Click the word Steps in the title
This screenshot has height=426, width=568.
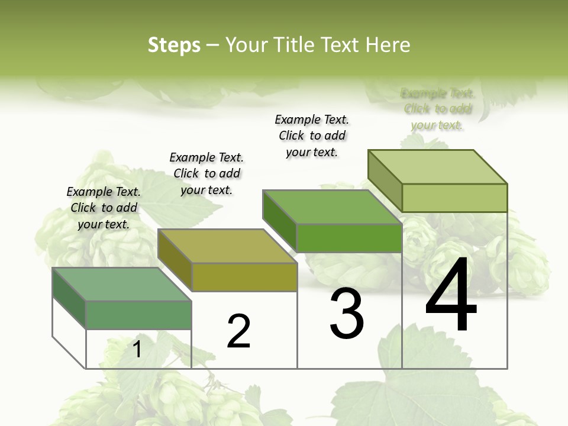174,45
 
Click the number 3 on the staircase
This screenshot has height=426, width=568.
347,314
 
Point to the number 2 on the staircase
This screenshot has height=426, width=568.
239,331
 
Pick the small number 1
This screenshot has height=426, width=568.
137,349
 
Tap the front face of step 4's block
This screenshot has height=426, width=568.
454,198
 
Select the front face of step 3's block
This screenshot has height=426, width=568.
349,238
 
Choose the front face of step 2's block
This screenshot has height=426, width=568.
244,277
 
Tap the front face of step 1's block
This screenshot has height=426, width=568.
138,315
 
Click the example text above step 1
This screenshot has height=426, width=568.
104,208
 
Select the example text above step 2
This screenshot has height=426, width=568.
206,173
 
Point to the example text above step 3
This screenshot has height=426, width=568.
312,135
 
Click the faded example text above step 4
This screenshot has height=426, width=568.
437,109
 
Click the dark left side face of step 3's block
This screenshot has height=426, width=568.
279,221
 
